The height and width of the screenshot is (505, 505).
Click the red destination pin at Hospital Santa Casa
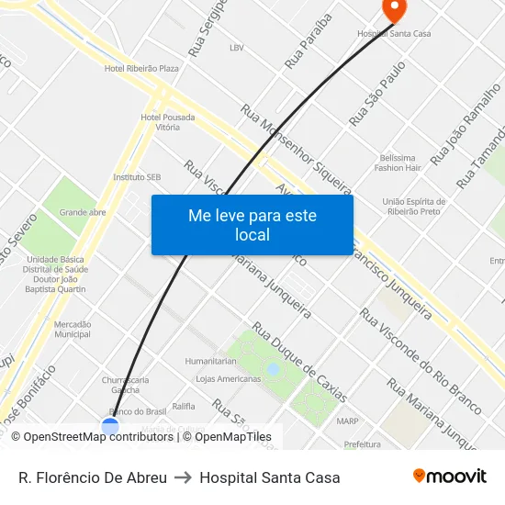[x=394, y=10]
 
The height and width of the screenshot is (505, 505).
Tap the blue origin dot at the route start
[x=110, y=426]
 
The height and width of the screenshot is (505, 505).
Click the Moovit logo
[x=449, y=477]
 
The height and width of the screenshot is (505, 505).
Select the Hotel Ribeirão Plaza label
[x=141, y=69]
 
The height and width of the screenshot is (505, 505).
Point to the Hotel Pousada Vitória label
[x=167, y=122]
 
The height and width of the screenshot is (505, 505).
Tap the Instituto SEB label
[x=137, y=176]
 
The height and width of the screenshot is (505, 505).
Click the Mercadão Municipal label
[x=73, y=330]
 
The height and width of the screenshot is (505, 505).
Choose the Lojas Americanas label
[x=229, y=378]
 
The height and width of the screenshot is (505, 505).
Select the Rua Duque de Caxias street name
[x=299, y=362]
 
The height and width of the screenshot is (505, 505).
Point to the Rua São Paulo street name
[x=377, y=94]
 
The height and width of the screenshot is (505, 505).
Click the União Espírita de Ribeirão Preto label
[x=414, y=207]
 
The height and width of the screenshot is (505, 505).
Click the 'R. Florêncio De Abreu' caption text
[x=93, y=477]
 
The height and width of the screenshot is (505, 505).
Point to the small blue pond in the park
[x=272, y=369]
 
